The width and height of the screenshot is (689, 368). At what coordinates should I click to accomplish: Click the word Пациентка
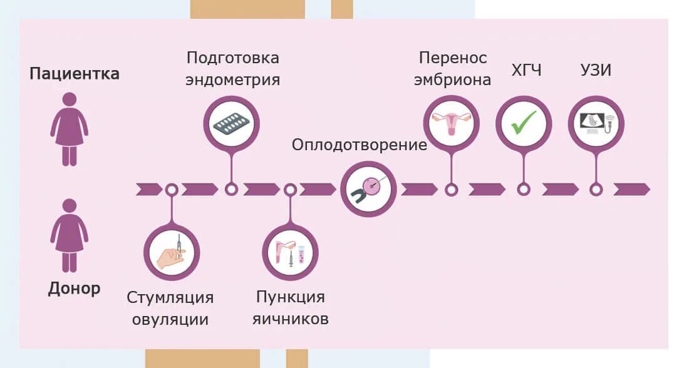[x=75, y=74]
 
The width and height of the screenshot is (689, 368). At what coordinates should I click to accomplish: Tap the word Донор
[x=74, y=289]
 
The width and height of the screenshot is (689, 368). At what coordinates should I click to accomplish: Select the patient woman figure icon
[x=69, y=129]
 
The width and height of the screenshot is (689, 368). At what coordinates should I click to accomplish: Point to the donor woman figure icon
[x=69, y=234]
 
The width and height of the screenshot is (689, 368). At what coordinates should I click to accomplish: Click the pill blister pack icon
[x=231, y=123]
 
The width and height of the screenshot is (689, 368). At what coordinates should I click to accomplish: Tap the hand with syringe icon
[x=171, y=252]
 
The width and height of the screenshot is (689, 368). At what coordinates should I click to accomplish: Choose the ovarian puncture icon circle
[x=290, y=252]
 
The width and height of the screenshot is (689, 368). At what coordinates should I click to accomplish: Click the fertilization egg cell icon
[x=368, y=189]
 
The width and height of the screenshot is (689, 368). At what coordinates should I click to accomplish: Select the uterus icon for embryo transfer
[x=451, y=123]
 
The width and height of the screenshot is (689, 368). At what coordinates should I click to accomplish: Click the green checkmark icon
[x=524, y=123]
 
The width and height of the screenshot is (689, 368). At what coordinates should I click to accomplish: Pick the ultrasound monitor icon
[x=596, y=123]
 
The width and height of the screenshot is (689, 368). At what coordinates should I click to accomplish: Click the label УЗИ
[x=595, y=71]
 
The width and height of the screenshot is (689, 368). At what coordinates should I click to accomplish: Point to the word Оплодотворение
[x=360, y=145]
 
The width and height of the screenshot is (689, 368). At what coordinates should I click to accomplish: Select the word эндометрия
[x=233, y=80]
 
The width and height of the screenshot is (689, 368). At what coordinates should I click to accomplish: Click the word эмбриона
[x=453, y=80]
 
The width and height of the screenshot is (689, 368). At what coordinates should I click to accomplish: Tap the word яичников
[x=291, y=319]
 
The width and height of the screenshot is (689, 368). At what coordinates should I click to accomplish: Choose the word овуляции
[x=170, y=319]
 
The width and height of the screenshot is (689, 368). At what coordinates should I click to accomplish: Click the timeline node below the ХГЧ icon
[x=524, y=190]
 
